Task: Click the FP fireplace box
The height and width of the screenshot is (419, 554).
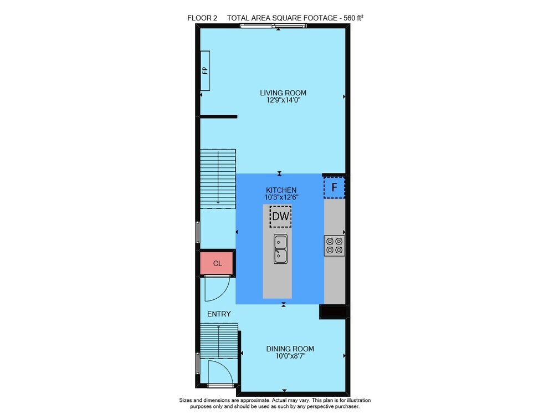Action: click(205, 71)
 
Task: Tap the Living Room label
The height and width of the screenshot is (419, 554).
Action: click(283, 93)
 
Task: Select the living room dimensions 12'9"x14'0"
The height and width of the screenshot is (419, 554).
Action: click(283, 100)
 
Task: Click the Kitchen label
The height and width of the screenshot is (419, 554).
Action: click(281, 190)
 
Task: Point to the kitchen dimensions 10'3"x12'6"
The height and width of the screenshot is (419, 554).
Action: click(281, 197)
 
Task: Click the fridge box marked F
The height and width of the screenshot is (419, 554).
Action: click(334, 187)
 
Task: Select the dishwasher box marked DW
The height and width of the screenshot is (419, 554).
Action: click(280, 216)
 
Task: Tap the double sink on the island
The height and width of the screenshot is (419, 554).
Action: click(280, 248)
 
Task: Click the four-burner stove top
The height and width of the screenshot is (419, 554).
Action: click(334, 246)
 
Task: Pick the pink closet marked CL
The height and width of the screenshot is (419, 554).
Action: click(217, 263)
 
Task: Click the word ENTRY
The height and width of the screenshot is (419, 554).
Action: click(219, 314)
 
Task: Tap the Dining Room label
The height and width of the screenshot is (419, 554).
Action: click(290, 349)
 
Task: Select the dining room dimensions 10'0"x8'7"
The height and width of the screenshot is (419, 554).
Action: click(290, 356)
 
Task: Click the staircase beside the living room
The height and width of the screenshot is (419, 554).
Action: click(218, 179)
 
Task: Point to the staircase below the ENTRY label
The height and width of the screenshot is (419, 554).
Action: click(219, 341)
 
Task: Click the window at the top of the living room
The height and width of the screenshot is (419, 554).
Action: click(273, 25)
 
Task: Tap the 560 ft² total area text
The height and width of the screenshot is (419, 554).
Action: click(353, 18)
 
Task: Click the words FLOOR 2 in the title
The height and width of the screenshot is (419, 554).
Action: click(202, 18)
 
